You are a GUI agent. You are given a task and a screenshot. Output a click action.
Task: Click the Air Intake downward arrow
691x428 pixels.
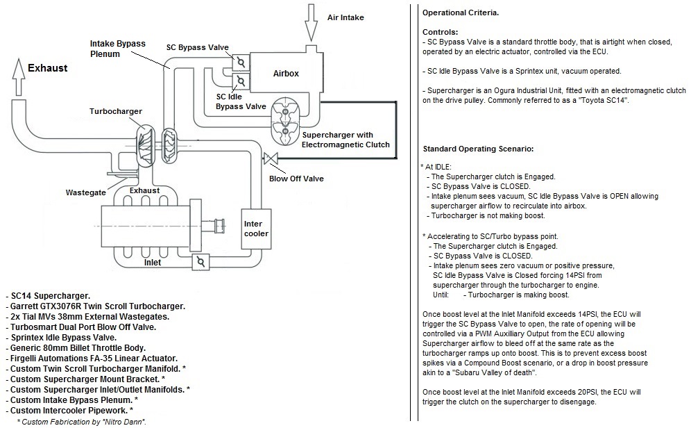click(x=312, y=22)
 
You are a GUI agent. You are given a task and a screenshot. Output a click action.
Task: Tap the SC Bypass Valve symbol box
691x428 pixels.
click(x=241, y=63)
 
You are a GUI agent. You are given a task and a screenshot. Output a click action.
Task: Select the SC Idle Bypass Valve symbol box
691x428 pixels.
click(x=241, y=81)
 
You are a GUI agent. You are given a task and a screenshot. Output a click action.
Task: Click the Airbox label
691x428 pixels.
click(x=286, y=74)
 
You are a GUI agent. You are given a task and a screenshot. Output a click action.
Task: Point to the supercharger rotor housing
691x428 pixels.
click(x=285, y=122)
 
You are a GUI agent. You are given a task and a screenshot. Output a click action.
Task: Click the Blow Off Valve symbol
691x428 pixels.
click(x=270, y=158)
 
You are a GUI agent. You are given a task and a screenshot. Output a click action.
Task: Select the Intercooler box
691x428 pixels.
click(x=256, y=229)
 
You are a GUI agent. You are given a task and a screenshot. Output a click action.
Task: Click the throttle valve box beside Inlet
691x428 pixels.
click(x=201, y=262)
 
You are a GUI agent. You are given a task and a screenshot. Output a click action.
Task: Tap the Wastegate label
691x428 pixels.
click(x=85, y=192)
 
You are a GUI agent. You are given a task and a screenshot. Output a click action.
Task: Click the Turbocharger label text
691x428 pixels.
click(x=115, y=111)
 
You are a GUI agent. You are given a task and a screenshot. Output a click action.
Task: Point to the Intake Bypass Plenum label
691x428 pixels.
click(x=118, y=49)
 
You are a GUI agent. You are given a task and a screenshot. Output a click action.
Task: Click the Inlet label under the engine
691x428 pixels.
click(x=153, y=263)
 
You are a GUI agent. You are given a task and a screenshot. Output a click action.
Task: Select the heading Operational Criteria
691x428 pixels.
click(x=461, y=13)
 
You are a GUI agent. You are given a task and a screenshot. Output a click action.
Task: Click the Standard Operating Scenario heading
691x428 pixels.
click(x=478, y=149)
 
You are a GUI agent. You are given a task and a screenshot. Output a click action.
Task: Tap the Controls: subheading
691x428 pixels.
click(x=441, y=32)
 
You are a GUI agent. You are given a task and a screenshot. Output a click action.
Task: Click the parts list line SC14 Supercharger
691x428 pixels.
click(x=48, y=295)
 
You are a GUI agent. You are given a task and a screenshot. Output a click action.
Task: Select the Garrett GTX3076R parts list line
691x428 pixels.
click(x=96, y=306)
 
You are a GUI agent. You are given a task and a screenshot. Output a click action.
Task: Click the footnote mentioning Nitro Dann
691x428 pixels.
click(x=82, y=422)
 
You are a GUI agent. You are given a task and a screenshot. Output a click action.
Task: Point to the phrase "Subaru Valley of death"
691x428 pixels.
click(x=493, y=372)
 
